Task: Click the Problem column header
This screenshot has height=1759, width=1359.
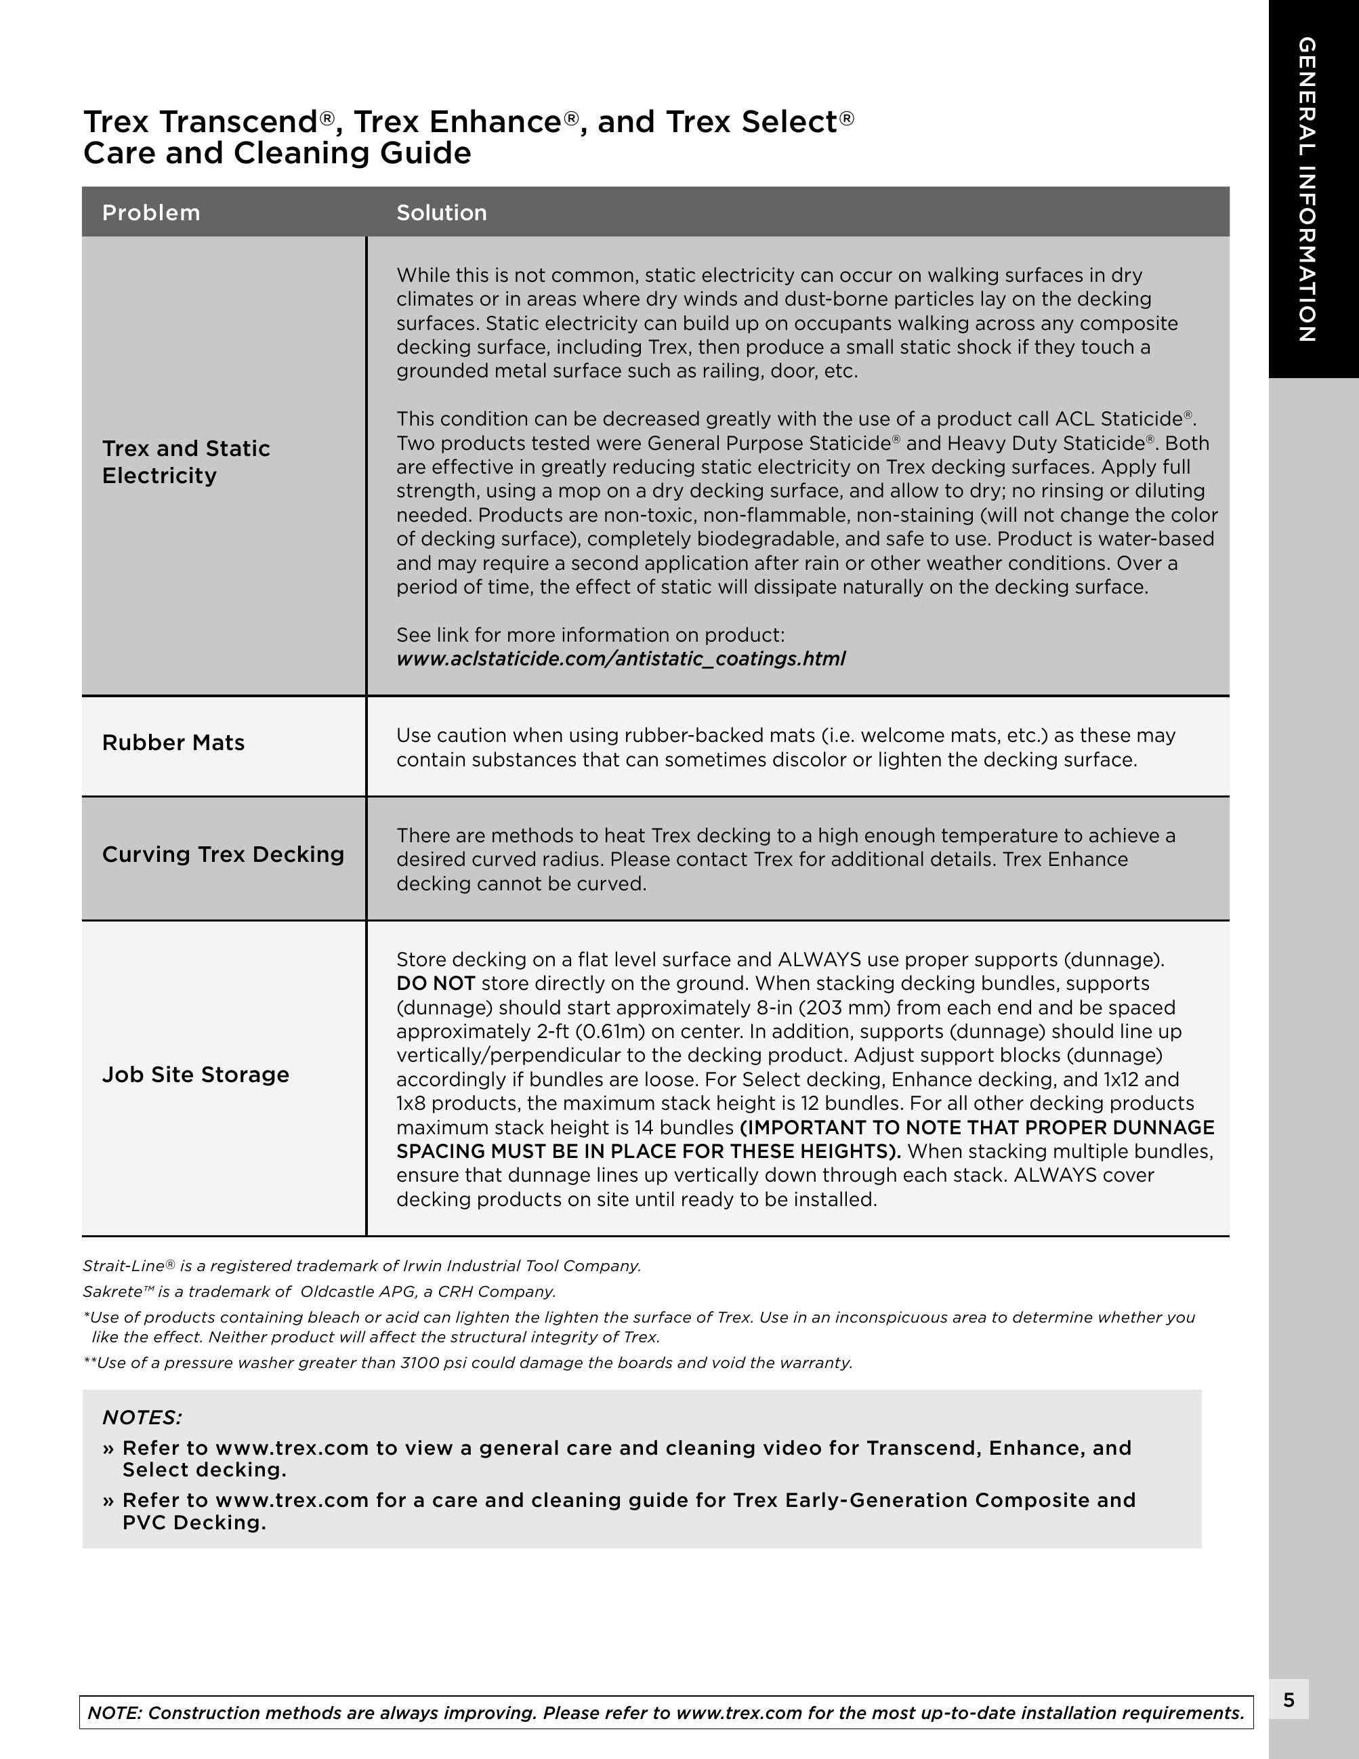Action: [x=150, y=213]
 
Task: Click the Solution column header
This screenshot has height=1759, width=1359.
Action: [x=441, y=213]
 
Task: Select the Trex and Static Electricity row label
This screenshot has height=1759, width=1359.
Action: [x=186, y=461]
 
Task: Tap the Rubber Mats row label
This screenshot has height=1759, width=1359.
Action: [x=173, y=743]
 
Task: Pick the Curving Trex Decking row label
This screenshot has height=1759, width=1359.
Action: [x=223, y=854]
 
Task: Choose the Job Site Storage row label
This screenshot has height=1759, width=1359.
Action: [x=196, y=1075]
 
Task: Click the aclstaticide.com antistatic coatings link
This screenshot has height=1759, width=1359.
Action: [x=621, y=659]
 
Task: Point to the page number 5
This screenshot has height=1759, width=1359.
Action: [x=1289, y=1700]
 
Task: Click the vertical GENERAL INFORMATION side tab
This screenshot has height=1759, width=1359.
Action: [x=1307, y=189]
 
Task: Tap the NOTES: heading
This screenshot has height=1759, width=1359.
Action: [x=142, y=1417]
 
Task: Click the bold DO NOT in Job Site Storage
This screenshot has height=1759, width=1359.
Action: [x=436, y=983]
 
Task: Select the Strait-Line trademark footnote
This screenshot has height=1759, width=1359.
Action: [x=362, y=1266]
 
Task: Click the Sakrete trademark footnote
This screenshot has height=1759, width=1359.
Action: [x=319, y=1292]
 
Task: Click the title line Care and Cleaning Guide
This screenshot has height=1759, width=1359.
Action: [x=277, y=153]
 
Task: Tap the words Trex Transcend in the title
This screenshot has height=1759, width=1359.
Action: [x=201, y=121]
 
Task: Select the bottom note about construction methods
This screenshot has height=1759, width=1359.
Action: [x=666, y=1713]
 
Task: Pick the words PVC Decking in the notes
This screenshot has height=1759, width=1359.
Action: [x=193, y=1523]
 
